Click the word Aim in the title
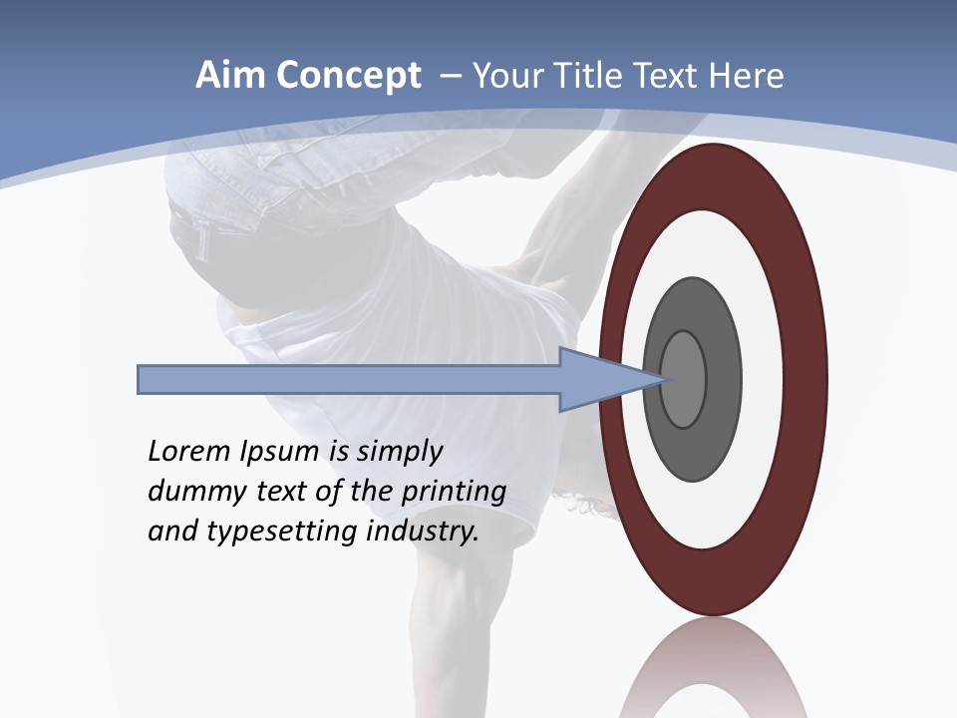[x=230, y=76]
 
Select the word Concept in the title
[x=348, y=77]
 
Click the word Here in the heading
[x=746, y=76]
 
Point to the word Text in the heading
[x=672, y=76]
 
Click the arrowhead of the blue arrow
[x=598, y=380]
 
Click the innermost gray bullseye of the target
[x=684, y=380]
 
